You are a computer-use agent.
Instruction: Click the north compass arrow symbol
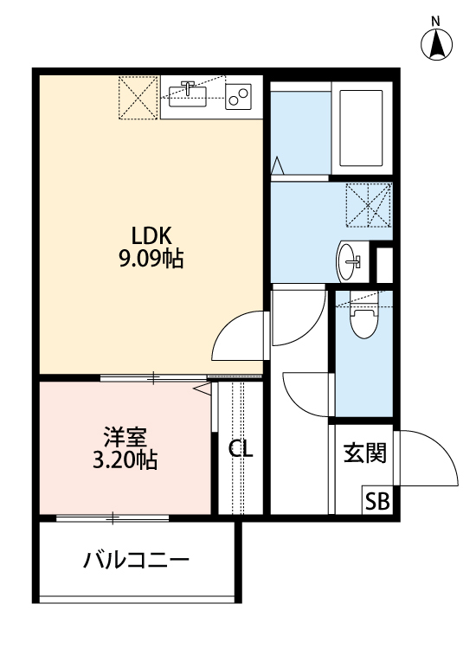pyautogui.click(x=437, y=44)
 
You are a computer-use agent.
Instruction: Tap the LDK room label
pyautogui.click(x=153, y=235)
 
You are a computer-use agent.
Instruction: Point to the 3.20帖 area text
pyautogui.click(x=125, y=459)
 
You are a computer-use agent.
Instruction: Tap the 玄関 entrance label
pyautogui.click(x=363, y=452)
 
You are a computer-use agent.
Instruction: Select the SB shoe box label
pyautogui.click(x=376, y=500)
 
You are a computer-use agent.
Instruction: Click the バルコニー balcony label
pyautogui.click(x=136, y=560)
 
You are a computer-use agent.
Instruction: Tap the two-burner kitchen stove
pyautogui.click(x=238, y=94)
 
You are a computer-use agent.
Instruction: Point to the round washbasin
pyautogui.click(x=351, y=257)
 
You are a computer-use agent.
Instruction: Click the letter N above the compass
pyautogui.click(x=437, y=19)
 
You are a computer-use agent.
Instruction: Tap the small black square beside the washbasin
pyautogui.click(x=384, y=263)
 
